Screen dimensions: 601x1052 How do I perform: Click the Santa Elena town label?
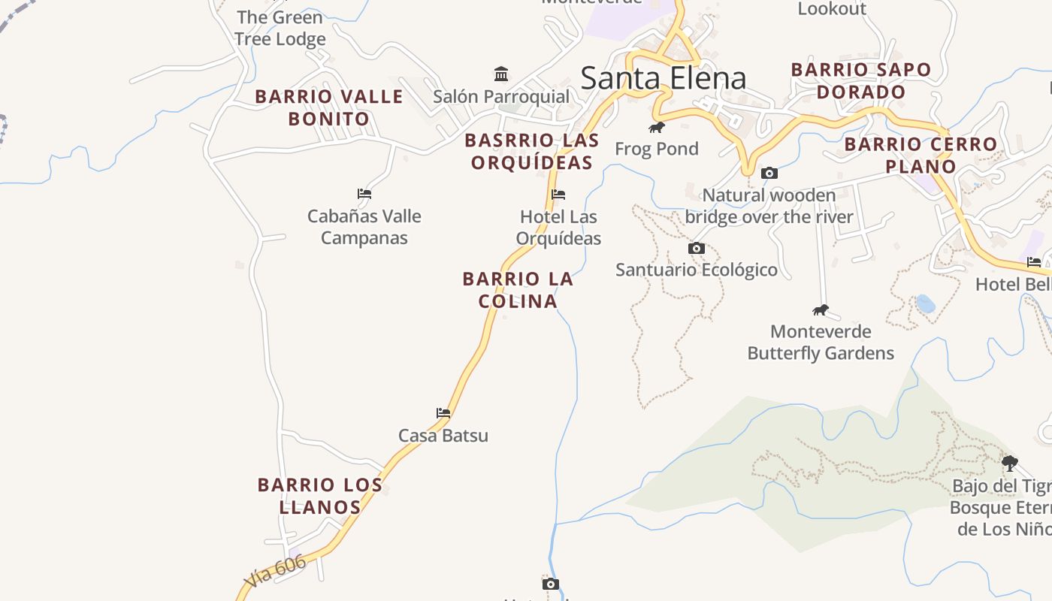pyautogui.click(x=664, y=78)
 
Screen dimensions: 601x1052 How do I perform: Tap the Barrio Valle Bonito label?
pyautogui.click(x=329, y=107)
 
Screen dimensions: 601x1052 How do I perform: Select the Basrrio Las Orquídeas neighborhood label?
pyautogui.click(x=532, y=151)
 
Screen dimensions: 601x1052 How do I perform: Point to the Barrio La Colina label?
pyautogui.click(x=518, y=290)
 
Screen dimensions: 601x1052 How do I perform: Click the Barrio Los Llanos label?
pyautogui.click(x=320, y=496)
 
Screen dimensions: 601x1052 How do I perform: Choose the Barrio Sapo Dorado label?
pyautogui.click(x=861, y=80)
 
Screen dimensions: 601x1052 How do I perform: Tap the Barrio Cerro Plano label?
pyautogui.click(x=920, y=155)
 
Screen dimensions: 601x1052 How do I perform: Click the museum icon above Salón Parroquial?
pyautogui.click(x=501, y=74)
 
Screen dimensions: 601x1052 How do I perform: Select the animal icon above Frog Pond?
pyautogui.click(x=657, y=127)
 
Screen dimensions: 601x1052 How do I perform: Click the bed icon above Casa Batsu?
pyautogui.click(x=443, y=412)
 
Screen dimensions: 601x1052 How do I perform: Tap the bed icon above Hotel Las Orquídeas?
pyautogui.click(x=558, y=195)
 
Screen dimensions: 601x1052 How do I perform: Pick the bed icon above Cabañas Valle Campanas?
pyautogui.click(x=364, y=194)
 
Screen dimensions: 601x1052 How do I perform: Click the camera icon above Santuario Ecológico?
pyautogui.click(x=697, y=248)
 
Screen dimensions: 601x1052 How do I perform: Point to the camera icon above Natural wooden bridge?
pyautogui.click(x=769, y=174)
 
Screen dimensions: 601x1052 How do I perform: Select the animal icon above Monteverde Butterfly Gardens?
pyautogui.click(x=821, y=310)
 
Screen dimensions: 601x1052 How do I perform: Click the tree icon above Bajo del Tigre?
pyautogui.click(x=1010, y=463)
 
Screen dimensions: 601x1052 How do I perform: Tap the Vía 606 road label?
pyautogui.click(x=275, y=572)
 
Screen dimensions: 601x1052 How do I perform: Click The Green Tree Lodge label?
pyautogui.click(x=280, y=28)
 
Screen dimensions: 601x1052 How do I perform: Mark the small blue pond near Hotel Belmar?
pyautogui.click(x=926, y=304)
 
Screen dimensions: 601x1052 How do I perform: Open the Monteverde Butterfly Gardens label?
pyautogui.click(x=821, y=343)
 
